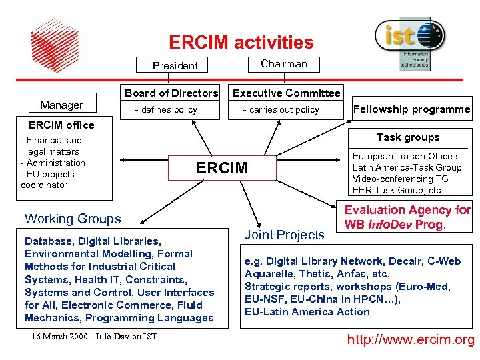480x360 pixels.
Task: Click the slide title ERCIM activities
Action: tap(241, 43)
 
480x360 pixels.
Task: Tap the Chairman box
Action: tap(284, 64)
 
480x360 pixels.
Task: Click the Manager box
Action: tap(62, 105)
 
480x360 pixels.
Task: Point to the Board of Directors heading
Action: tap(171, 93)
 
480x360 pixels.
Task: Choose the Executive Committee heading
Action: tap(286, 93)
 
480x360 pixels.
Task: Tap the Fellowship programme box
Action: tap(411, 109)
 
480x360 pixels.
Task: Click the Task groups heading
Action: tap(408, 137)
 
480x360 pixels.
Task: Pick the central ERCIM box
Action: tap(222, 168)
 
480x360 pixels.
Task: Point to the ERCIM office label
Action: tap(61, 125)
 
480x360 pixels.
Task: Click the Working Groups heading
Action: tap(73, 219)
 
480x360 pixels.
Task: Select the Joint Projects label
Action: tap(285, 234)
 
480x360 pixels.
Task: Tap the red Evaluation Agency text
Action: tap(407, 217)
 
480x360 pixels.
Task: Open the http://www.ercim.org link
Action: tap(411, 341)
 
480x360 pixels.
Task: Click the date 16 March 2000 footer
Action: tap(94, 336)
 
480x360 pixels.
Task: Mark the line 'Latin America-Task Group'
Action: tap(407, 167)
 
